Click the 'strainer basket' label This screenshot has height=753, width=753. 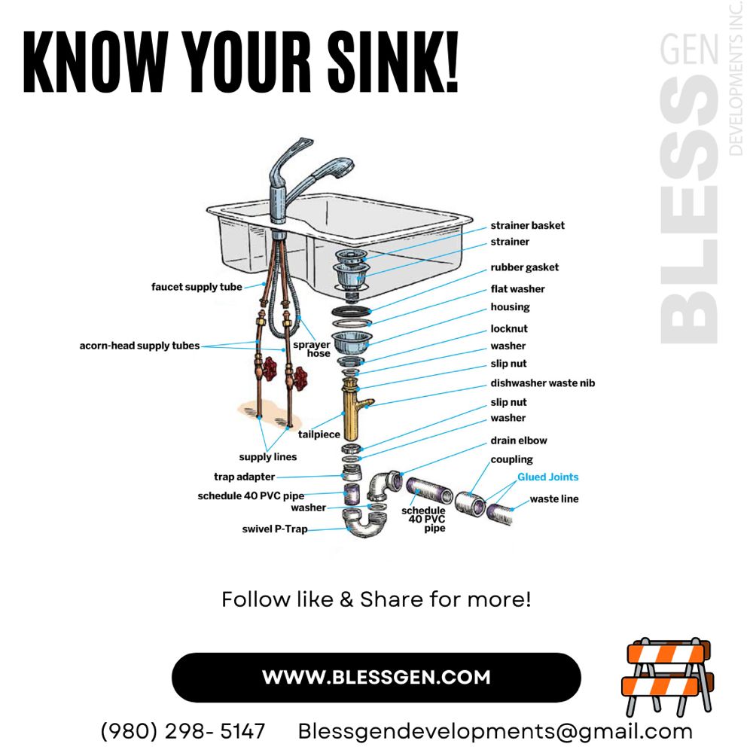click(x=527, y=225)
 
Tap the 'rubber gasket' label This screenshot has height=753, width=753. click(x=524, y=267)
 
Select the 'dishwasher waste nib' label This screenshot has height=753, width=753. click(x=543, y=383)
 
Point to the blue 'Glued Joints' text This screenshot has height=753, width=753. click(x=548, y=477)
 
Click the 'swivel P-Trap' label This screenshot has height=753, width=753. click(x=275, y=529)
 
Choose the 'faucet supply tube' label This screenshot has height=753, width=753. click(x=197, y=287)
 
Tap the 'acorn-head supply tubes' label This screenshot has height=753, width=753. click(x=140, y=346)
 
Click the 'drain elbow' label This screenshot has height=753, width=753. click(x=519, y=441)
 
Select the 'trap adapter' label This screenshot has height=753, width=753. click(x=245, y=477)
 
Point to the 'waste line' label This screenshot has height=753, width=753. click(x=554, y=499)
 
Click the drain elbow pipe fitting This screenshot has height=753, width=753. click(x=384, y=486)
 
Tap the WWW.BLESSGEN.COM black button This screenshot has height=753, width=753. click(x=376, y=677)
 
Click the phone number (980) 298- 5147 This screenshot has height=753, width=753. click(x=182, y=731)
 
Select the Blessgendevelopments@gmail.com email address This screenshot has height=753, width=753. click(x=495, y=732)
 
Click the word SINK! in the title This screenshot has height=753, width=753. click(x=393, y=62)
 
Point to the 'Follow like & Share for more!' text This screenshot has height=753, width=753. click(x=376, y=599)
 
